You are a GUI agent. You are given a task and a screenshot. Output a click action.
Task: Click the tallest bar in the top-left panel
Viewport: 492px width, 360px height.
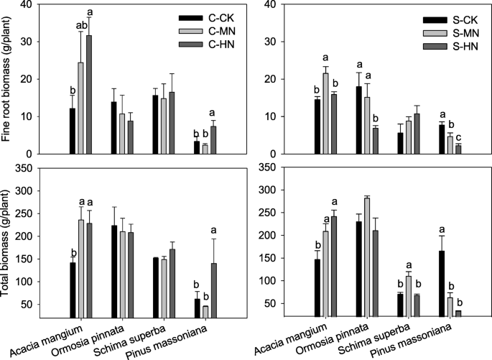pos(89,94)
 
